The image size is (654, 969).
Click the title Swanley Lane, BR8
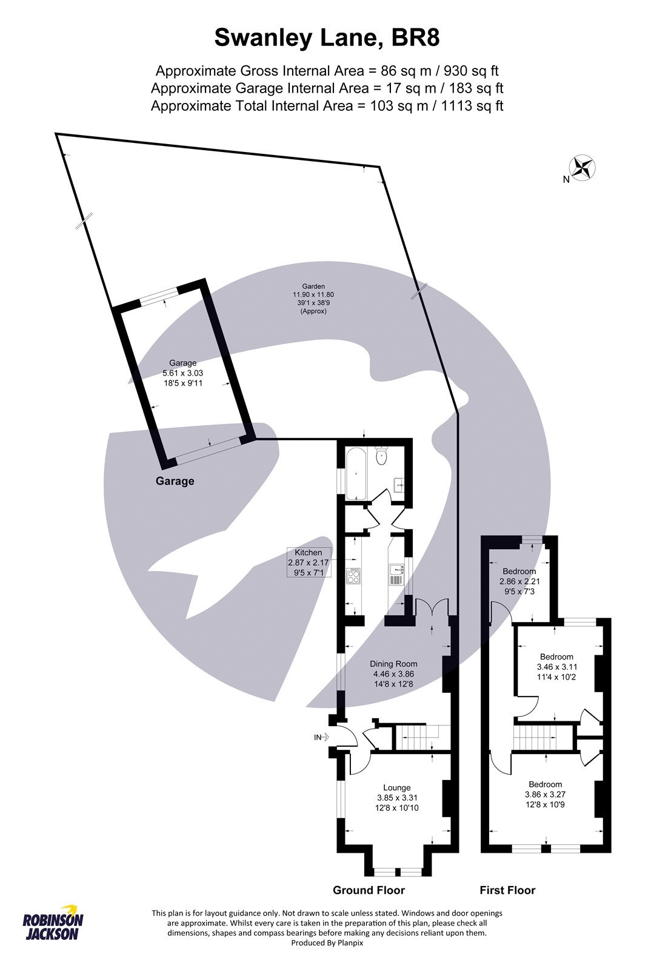click(x=327, y=39)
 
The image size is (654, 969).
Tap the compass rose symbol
click(x=583, y=168)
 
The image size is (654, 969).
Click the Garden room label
click(x=314, y=299)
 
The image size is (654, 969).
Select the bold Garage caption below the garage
click(x=175, y=481)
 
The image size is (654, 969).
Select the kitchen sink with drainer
click(x=395, y=574)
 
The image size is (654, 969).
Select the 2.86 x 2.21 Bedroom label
click(x=519, y=581)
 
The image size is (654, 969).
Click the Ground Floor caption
click(x=369, y=890)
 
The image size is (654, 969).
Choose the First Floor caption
click(x=507, y=890)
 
